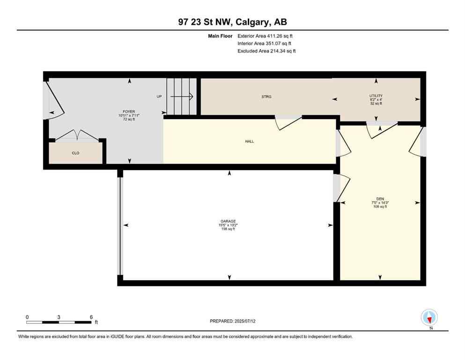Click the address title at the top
[232, 22]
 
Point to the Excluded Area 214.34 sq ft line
[266, 51]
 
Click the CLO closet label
[75, 153]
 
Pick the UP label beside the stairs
[159, 97]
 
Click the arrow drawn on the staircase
[184, 97]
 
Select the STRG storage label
[266, 97]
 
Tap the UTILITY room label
[376, 96]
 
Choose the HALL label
[249, 141]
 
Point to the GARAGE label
[228, 221]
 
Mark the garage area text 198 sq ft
[228, 229]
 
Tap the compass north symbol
[429, 317]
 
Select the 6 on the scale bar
[91, 317]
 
